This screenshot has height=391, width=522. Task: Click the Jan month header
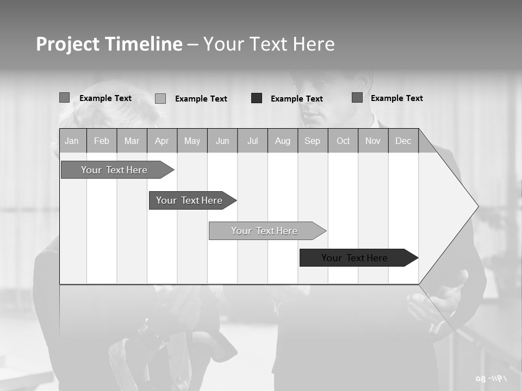point(72,141)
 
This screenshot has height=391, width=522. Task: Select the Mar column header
point(132,141)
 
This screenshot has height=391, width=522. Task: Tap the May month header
point(192,141)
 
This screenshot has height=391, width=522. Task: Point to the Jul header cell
point(252,141)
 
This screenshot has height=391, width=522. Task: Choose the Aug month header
point(282,141)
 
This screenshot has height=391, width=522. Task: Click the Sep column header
point(312,141)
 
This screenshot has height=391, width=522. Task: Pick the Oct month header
point(343,141)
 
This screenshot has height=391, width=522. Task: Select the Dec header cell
point(403,141)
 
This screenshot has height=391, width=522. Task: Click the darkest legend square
point(257,98)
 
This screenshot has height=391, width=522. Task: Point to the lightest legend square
point(160,98)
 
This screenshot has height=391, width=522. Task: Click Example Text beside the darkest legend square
point(296,99)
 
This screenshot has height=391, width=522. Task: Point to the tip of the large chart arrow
point(477,206)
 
